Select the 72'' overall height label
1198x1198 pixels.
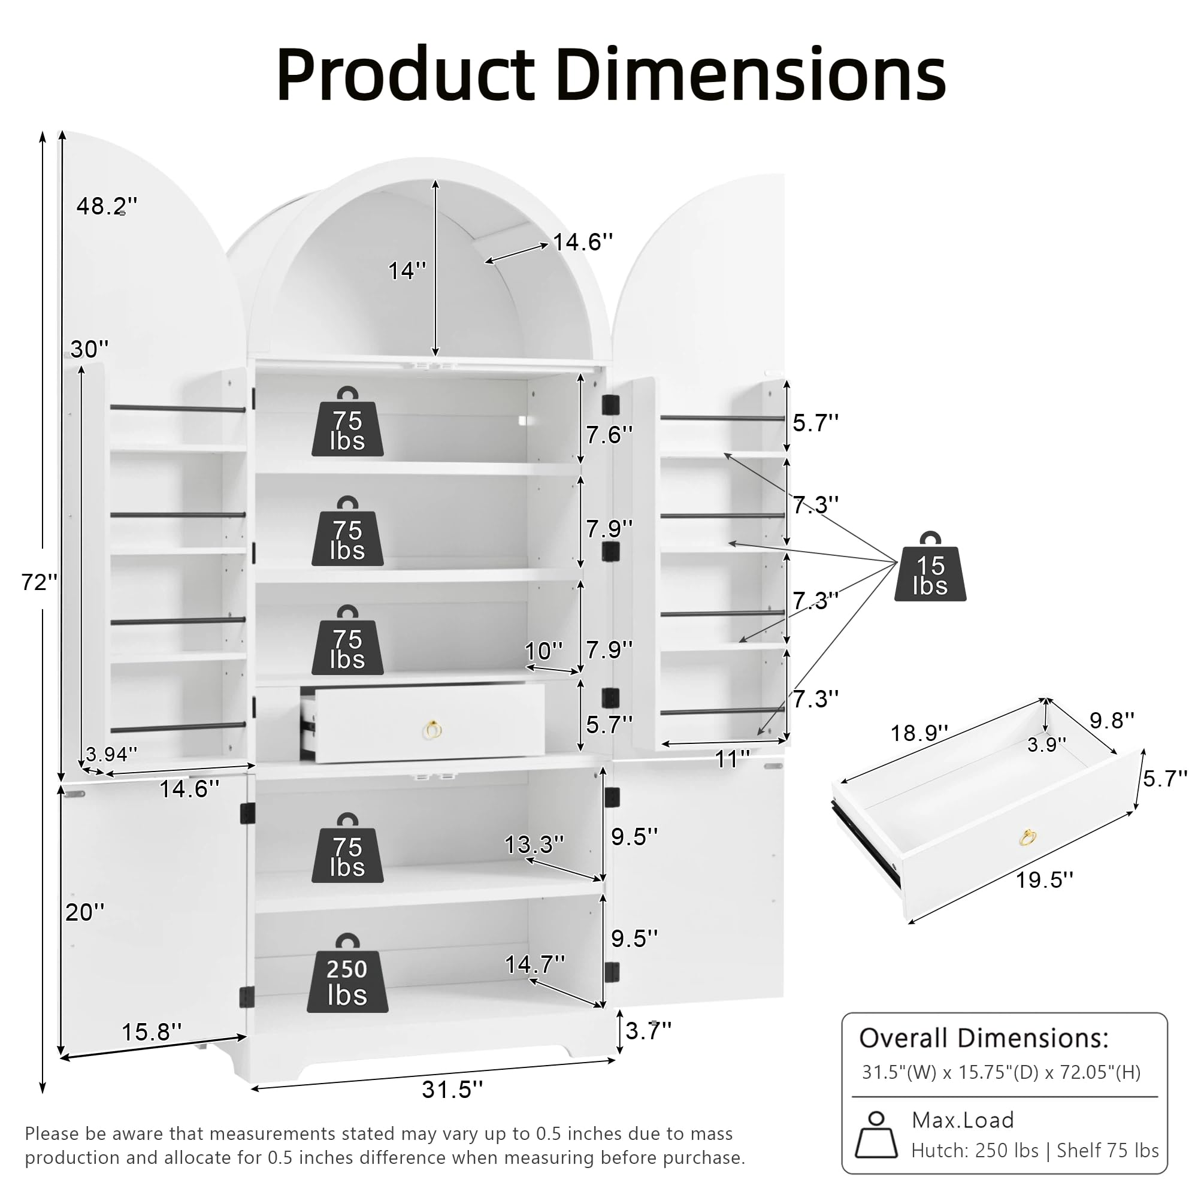pos(39,582)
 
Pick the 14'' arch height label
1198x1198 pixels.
pos(407,270)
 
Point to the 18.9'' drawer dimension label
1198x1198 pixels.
pos(919,733)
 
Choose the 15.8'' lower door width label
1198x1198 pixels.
pos(152,1032)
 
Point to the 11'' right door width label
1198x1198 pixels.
pos(733,758)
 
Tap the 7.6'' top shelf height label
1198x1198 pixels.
pos(609,435)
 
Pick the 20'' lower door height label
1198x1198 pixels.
pos(85,912)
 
